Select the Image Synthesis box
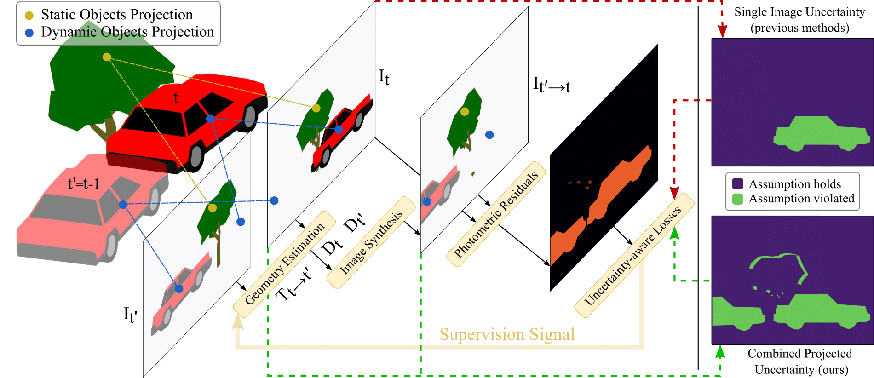(x=371, y=242)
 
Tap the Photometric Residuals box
(x=496, y=214)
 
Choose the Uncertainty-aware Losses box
(x=633, y=256)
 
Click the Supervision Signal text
(x=507, y=334)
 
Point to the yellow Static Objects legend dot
(x=29, y=16)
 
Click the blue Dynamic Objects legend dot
(x=29, y=33)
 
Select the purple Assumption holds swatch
(x=737, y=184)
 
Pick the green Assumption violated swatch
(x=737, y=199)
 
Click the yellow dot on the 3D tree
(x=107, y=57)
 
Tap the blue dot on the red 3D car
(x=210, y=119)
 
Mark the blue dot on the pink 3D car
(x=123, y=204)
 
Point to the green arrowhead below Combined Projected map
(x=720, y=352)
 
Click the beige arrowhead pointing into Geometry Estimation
(x=237, y=322)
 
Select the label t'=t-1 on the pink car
(x=83, y=184)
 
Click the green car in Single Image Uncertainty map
(x=821, y=134)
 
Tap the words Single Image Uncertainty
(x=799, y=12)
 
